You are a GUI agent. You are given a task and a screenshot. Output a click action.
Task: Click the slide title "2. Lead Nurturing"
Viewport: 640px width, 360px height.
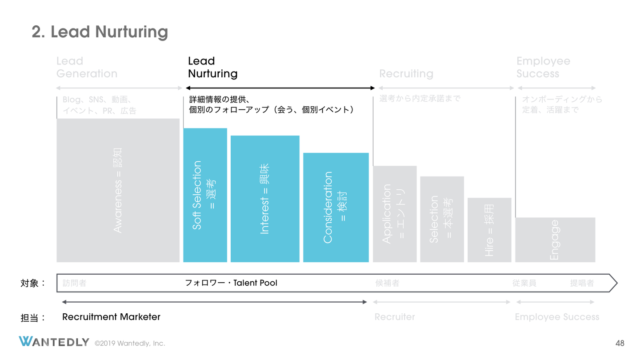(100, 32)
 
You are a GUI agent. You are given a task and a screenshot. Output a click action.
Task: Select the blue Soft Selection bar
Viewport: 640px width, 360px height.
(205, 195)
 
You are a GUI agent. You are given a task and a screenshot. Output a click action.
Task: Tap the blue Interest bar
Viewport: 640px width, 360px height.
(265, 199)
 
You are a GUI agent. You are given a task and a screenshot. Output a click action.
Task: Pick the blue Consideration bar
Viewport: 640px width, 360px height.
(336, 207)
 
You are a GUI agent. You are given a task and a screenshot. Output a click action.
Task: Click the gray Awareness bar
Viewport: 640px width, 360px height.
(118, 190)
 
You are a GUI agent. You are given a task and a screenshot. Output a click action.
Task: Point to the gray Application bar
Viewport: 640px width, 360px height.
(395, 214)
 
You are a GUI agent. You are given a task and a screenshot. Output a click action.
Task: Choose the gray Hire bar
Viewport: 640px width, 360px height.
(489, 230)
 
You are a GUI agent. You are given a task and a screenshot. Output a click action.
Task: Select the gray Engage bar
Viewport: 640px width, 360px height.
(555, 240)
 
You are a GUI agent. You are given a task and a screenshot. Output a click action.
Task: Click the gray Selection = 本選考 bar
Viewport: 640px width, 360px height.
(442, 219)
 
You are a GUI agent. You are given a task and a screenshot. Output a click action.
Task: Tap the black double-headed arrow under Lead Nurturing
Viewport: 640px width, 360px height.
(280, 88)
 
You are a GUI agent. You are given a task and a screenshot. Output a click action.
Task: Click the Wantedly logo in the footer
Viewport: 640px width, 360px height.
(54, 342)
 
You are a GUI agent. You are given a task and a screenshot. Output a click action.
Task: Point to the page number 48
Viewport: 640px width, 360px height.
(620, 343)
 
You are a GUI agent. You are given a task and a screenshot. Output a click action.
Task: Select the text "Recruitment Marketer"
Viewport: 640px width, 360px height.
(111, 317)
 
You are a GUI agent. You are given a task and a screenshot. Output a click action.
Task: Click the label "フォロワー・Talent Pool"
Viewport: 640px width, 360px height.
(231, 283)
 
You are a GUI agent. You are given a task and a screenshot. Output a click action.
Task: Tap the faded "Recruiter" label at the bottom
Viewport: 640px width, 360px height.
(395, 317)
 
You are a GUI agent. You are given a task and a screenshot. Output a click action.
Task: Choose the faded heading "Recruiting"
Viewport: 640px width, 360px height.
(406, 74)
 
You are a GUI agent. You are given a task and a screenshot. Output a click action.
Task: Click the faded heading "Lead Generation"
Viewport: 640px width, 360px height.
(87, 68)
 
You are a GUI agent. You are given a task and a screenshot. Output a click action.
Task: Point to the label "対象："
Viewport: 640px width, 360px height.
(33, 283)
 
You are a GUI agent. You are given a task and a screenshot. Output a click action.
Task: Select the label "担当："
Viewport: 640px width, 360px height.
(33, 317)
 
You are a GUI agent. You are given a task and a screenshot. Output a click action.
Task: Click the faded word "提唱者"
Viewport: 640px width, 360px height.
(582, 283)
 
